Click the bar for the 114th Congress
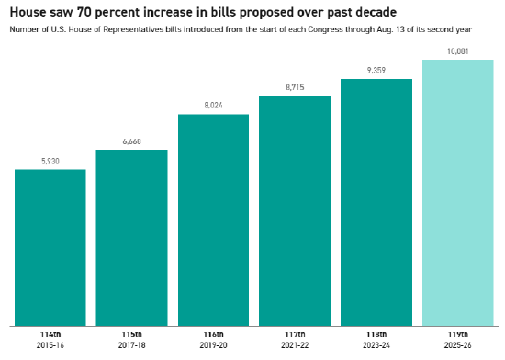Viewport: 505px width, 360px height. pos(50,248)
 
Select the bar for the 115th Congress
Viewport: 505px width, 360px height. pos(131,238)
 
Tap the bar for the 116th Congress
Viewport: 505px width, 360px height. pos(213,220)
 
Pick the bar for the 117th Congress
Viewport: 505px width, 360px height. pos(295,211)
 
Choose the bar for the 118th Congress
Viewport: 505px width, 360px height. pos(376,203)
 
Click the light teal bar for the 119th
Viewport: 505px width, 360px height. pos(457,193)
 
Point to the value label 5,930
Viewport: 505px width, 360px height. pos(50,162)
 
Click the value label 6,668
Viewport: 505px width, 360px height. pos(131,141)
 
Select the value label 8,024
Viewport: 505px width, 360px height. pos(213,106)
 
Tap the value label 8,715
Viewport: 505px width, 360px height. pos(295,87)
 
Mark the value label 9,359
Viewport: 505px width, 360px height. pos(376,70)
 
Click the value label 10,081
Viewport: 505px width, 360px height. pos(457,51)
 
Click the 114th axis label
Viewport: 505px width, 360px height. pos(50,334)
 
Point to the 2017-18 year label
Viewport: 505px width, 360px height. pos(131,345)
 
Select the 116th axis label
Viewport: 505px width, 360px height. pos(213,334)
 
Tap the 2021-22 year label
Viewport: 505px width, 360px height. pos(295,345)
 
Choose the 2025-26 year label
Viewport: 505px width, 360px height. pos(457,345)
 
